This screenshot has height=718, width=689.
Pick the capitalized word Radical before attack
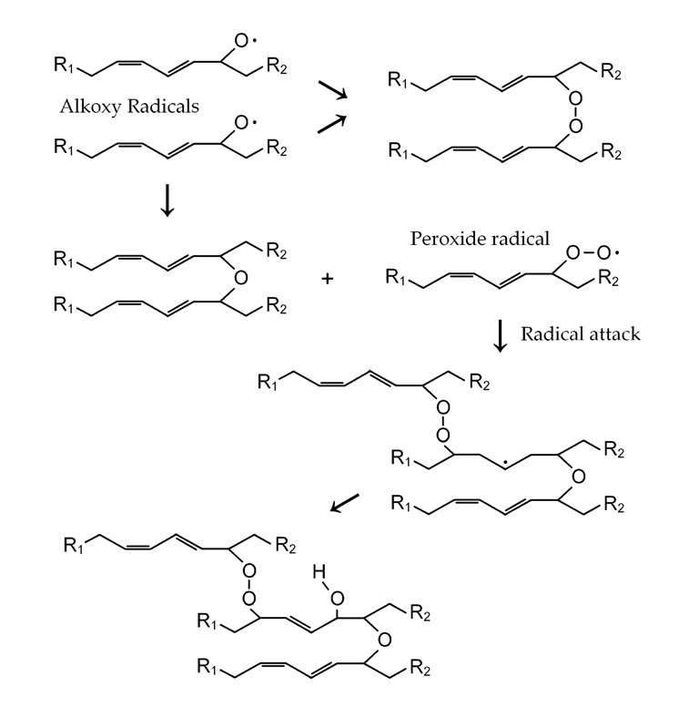click(550, 333)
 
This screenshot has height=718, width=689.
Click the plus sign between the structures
click(328, 276)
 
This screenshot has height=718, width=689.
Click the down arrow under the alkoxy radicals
click(166, 201)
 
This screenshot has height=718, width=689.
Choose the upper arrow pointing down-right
click(332, 91)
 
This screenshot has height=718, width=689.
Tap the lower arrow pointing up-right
click(332, 123)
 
